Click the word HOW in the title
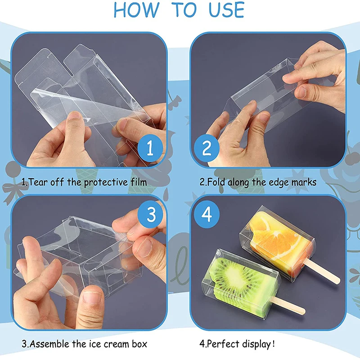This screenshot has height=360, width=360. tap(133, 10)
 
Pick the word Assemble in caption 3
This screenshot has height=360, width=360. tap(51, 344)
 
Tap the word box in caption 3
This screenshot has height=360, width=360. tap(139, 344)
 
